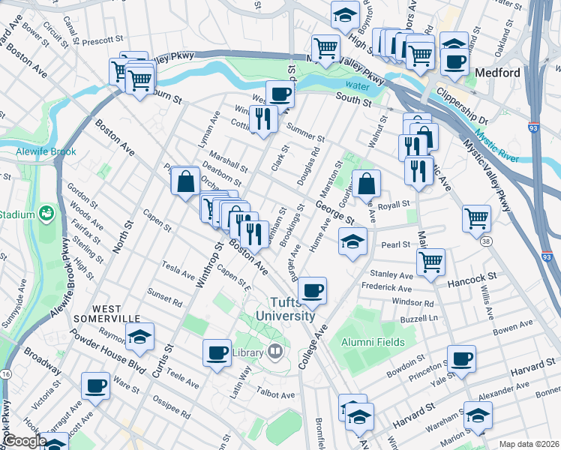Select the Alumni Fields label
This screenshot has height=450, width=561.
373,342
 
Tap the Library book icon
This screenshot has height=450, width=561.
275,351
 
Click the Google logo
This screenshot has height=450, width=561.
24,441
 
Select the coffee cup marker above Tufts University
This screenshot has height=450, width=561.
312,289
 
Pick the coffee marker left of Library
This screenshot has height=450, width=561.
217,352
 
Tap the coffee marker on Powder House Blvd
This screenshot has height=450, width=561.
96,385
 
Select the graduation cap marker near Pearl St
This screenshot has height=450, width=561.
352,241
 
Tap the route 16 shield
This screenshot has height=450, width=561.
7,373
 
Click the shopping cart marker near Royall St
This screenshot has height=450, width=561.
477,218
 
